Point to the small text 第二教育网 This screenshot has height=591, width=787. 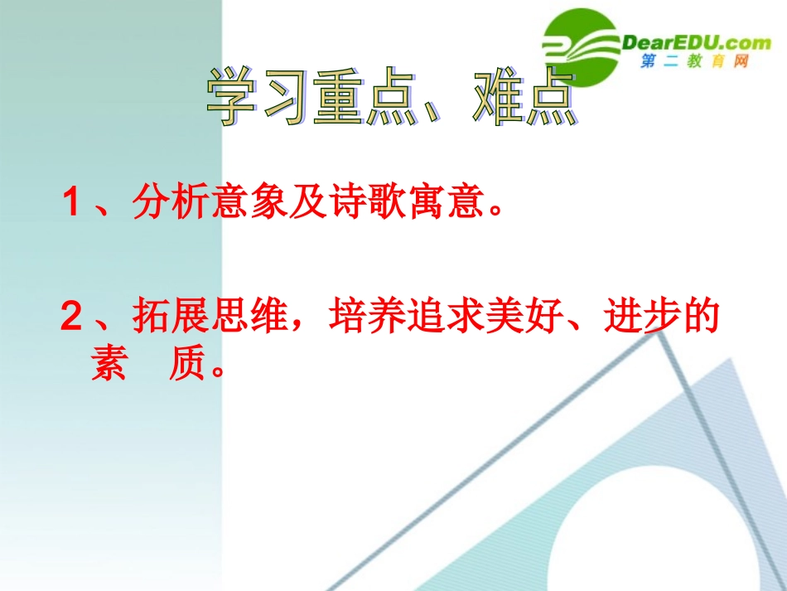point(694,63)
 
